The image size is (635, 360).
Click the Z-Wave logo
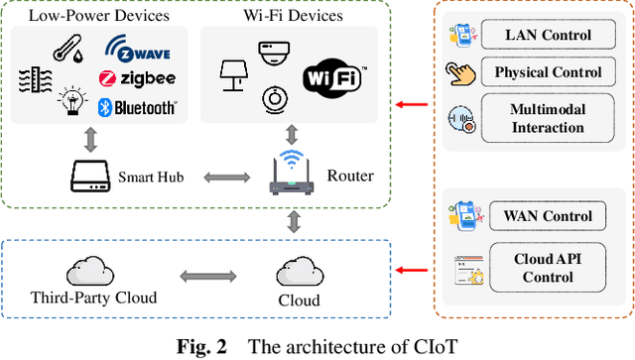138,50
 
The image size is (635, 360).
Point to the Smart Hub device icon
91,179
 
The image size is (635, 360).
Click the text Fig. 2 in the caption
204,346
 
